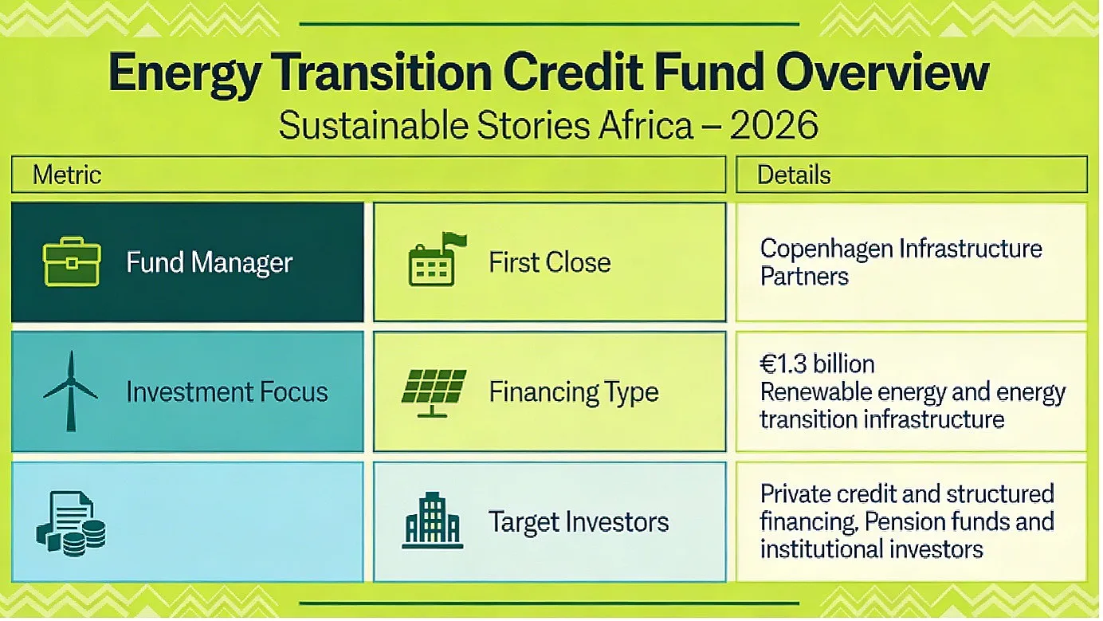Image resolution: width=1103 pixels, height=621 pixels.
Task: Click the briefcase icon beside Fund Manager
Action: click(x=72, y=261)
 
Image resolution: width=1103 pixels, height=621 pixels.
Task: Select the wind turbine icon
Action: click(x=71, y=391)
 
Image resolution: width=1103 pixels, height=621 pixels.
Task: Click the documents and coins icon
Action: click(x=71, y=524)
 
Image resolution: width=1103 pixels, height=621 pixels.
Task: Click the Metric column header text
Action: click(x=67, y=175)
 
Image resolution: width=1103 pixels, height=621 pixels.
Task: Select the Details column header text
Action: click(x=794, y=175)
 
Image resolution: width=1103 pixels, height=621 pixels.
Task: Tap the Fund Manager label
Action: click(x=210, y=262)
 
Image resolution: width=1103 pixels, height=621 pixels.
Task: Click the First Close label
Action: click(x=550, y=262)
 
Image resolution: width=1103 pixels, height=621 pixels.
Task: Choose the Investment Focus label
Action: click(x=227, y=392)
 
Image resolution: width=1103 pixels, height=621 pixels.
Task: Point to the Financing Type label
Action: click(x=574, y=393)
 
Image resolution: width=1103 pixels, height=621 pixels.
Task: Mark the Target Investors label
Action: click(x=579, y=522)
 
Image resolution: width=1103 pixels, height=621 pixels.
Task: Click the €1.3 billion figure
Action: click(x=818, y=364)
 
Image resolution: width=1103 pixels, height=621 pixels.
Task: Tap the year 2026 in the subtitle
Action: click(x=774, y=125)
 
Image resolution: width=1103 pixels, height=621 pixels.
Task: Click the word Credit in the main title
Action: click(x=573, y=73)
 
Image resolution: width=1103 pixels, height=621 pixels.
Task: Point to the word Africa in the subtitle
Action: click(x=646, y=125)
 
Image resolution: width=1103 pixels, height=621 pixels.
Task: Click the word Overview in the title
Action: click(x=882, y=73)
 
